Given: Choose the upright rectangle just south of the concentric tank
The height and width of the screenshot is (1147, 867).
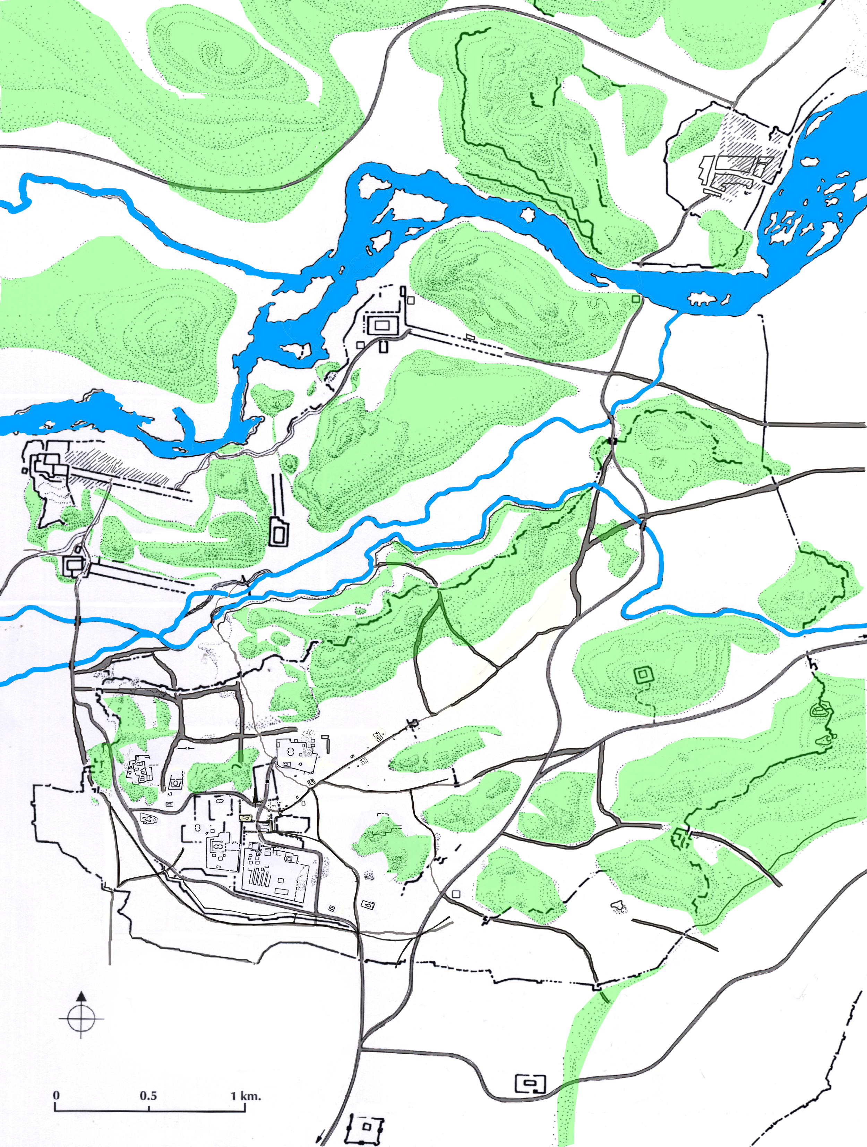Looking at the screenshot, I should tap(384, 346).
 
